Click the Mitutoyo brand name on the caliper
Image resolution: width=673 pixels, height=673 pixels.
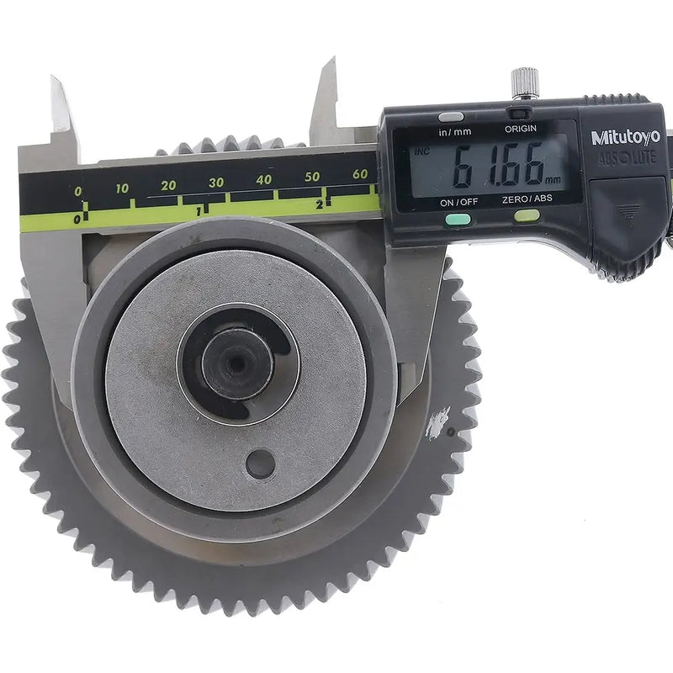(625, 137)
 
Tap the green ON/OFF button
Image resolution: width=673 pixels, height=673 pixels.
(458, 220)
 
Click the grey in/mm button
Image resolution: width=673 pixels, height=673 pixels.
(452, 117)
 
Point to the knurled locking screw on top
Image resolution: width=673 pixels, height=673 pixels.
(525, 82)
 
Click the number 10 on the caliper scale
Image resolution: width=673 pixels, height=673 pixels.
(123, 188)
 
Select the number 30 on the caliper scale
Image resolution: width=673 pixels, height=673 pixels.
(216, 183)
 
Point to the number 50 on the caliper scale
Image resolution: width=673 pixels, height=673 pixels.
(312, 177)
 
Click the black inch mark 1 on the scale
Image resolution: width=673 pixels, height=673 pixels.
(199, 210)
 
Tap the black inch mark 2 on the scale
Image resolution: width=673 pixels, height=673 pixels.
(321, 204)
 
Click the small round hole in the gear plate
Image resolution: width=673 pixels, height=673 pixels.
(260, 464)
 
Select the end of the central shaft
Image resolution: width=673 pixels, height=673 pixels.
(236, 363)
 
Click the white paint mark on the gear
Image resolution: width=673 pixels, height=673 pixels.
(437, 423)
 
